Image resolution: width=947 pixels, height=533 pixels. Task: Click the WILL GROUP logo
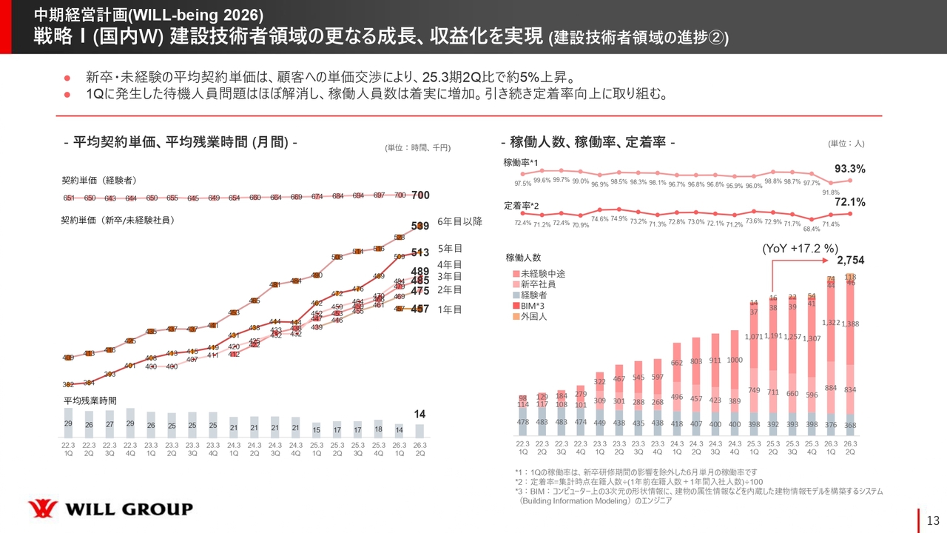(x=110, y=509)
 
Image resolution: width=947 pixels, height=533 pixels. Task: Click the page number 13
(x=932, y=518)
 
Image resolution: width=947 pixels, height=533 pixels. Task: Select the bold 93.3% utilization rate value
(x=850, y=169)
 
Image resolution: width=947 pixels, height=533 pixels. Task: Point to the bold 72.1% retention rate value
(x=850, y=202)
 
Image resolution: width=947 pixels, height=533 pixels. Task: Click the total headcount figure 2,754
(x=850, y=261)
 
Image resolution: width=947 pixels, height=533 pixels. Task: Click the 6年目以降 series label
(x=459, y=222)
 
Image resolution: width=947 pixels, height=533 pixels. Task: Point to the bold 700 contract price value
(x=419, y=195)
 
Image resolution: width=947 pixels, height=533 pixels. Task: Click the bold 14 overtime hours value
(x=419, y=413)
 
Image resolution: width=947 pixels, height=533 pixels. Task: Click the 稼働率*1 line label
(x=520, y=162)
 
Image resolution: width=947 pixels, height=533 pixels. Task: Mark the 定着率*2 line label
(x=520, y=204)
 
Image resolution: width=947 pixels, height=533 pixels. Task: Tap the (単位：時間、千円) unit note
(x=417, y=148)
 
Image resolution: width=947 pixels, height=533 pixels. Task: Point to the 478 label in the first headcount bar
(x=523, y=422)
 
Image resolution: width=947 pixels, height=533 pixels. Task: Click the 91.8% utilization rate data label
(x=832, y=193)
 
